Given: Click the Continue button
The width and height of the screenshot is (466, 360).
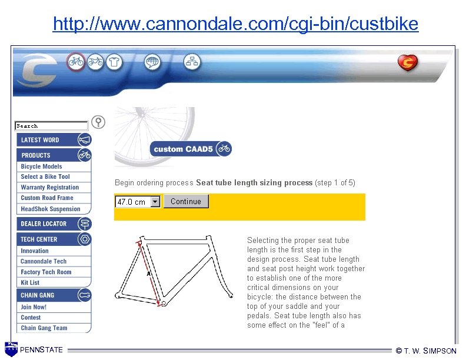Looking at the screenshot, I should click(186, 202).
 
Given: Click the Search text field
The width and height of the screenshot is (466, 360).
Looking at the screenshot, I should click(51, 126).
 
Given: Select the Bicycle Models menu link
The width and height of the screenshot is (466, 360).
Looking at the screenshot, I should click(41, 166).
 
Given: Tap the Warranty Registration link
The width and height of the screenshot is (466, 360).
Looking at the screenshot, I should click(49, 188).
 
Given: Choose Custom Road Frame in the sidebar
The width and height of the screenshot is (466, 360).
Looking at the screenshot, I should click(47, 198).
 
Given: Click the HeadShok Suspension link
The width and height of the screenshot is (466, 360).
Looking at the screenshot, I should click(51, 209).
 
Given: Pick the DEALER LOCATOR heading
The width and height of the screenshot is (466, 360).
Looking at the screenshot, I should click(44, 224).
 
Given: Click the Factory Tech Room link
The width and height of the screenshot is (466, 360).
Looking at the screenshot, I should click(46, 272).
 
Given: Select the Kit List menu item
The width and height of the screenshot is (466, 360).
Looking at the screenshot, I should click(30, 283).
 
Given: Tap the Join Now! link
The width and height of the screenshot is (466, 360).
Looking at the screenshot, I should click(34, 307).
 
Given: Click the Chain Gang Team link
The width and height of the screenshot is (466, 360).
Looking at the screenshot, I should click(44, 328).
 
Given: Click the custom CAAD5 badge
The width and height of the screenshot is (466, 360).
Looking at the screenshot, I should click(191, 149).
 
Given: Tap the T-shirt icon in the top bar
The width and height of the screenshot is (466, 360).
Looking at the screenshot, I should click(114, 61).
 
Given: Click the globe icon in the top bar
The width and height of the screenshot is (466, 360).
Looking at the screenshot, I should click(153, 61).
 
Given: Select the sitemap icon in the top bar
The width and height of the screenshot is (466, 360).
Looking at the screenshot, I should click(192, 61).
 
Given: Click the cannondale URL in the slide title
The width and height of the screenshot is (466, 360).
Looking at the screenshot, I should click(235, 24).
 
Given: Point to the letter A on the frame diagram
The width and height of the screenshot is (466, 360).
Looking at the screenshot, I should click(148, 273).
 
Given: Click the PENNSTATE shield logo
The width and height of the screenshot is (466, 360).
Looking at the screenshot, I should click(11, 349).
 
